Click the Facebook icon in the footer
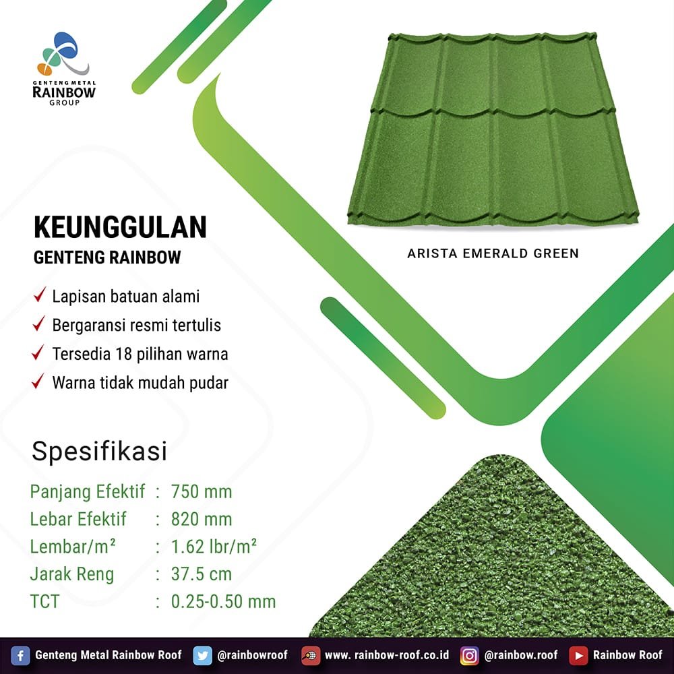tap(20, 656)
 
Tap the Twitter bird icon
tap(202, 656)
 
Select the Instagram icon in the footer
tap(469, 656)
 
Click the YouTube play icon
tap(578, 656)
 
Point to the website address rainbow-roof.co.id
tap(387, 655)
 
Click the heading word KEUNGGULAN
tap(121, 227)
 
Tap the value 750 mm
tap(202, 492)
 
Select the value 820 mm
tap(202, 519)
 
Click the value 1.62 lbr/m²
tap(214, 547)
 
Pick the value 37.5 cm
tap(202, 574)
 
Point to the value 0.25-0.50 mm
tap(224, 602)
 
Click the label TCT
tap(44, 602)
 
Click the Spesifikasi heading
tap(99, 452)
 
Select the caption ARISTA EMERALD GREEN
tap(493, 253)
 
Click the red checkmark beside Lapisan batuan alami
tap(40, 295)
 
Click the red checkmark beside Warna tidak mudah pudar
tap(38, 381)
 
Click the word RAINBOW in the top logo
tap(64, 92)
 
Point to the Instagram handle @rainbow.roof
tap(521, 655)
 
